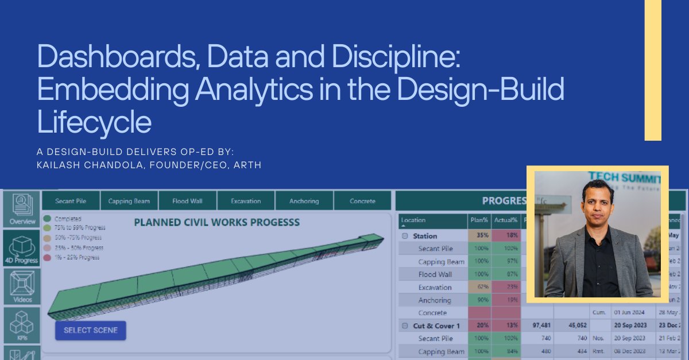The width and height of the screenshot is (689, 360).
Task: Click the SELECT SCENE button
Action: coord(90,330)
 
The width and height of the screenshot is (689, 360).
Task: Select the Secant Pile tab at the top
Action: coord(71,201)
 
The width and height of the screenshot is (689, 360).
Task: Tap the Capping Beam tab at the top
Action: coord(129,201)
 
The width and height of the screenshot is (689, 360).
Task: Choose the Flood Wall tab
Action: coord(187,201)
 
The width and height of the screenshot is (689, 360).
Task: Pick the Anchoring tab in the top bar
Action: coord(304,201)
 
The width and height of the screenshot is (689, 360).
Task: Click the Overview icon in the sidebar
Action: coord(22,209)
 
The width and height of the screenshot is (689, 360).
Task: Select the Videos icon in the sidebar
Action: coord(22,286)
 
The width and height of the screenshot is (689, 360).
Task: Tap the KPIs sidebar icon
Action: coord(22,325)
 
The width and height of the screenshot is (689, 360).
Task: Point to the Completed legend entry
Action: coord(68,219)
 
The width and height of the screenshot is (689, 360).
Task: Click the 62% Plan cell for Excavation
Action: coord(482,287)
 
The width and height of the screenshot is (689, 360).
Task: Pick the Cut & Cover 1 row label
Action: coord(433,326)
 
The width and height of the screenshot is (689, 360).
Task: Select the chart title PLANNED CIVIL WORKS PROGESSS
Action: coord(216,222)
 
